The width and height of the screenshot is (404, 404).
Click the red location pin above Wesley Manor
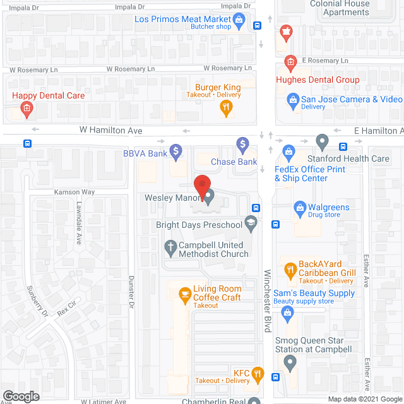point(201,184)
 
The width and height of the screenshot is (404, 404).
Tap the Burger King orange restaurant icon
point(226,108)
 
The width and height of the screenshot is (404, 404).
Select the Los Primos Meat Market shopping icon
point(239,22)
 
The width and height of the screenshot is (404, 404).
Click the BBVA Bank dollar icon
point(176,151)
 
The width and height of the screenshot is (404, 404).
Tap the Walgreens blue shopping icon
point(300,207)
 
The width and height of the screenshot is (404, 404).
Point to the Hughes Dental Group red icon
point(290,62)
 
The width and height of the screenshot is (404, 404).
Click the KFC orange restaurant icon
point(257,374)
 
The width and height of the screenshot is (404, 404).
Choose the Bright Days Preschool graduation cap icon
point(251,222)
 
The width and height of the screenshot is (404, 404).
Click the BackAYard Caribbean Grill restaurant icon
point(290,270)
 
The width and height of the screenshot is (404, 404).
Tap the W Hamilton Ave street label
point(111,130)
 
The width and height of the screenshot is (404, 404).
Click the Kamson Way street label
point(74,191)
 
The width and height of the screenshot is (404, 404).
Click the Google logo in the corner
point(20,396)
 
